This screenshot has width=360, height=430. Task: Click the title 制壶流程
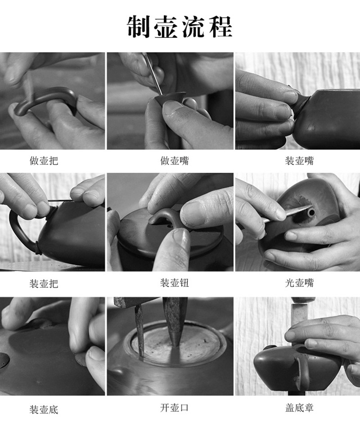click(x=180, y=27)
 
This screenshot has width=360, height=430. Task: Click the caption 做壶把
click(x=44, y=161)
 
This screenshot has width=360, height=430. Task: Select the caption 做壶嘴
click(x=175, y=161)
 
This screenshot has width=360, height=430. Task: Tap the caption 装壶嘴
click(x=299, y=161)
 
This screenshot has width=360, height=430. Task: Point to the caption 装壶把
click(x=44, y=283)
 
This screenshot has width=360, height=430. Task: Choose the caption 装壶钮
click(x=175, y=283)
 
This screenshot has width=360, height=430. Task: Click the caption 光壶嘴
click(x=299, y=283)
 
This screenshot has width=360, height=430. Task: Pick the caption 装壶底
click(x=44, y=409)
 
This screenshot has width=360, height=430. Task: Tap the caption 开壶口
click(x=175, y=408)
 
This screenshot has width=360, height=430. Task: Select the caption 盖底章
click(x=299, y=408)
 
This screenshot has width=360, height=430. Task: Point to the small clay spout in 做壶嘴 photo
click(x=171, y=99)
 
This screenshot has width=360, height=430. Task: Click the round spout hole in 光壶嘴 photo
click(x=311, y=213)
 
